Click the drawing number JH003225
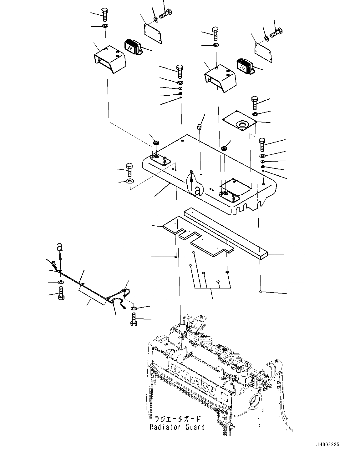tap(327, 444)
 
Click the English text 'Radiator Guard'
tap(177, 427)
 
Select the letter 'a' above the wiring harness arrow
tap(60, 247)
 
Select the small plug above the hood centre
tap(198, 126)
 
